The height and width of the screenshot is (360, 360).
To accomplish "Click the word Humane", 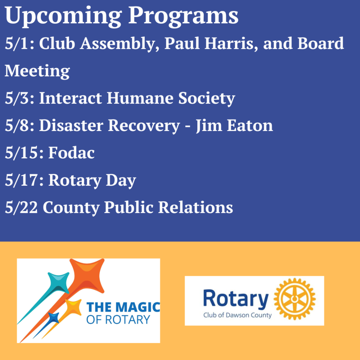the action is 140,98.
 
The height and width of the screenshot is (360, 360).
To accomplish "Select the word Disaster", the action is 71,125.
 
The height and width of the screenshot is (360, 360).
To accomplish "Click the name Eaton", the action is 250,125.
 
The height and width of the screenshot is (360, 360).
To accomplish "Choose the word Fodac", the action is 71,153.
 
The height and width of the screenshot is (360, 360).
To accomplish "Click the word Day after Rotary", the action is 121,181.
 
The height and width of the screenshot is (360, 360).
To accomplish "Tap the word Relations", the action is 195,207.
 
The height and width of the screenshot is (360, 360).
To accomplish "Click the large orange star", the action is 87,274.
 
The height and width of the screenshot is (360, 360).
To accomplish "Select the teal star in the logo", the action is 58,283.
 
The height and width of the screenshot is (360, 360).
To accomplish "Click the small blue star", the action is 53,318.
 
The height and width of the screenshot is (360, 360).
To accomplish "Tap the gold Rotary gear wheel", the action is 295,299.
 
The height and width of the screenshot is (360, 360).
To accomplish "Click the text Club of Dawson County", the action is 237,315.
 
